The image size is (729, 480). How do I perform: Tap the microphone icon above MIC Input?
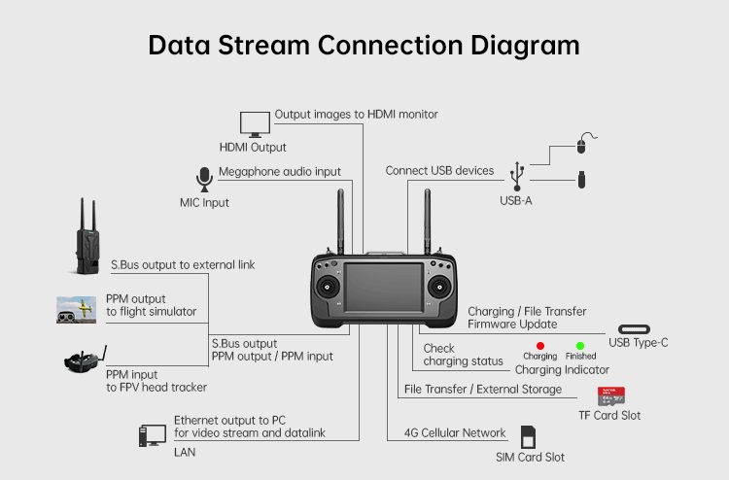(204, 180)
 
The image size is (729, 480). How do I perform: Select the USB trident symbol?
(516, 176)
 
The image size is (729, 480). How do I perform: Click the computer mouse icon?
(581, 144)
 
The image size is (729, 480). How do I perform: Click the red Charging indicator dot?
(539, 345)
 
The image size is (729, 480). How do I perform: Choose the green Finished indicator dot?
(580, 345)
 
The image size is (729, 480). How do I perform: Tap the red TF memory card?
(609, 396)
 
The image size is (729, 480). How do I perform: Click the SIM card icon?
(530, 436)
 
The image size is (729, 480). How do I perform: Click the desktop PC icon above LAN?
(151, 435)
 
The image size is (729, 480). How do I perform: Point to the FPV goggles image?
(84, 361)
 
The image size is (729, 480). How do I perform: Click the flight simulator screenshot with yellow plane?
(76, 310)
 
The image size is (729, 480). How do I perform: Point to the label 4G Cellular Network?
(455, 432)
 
